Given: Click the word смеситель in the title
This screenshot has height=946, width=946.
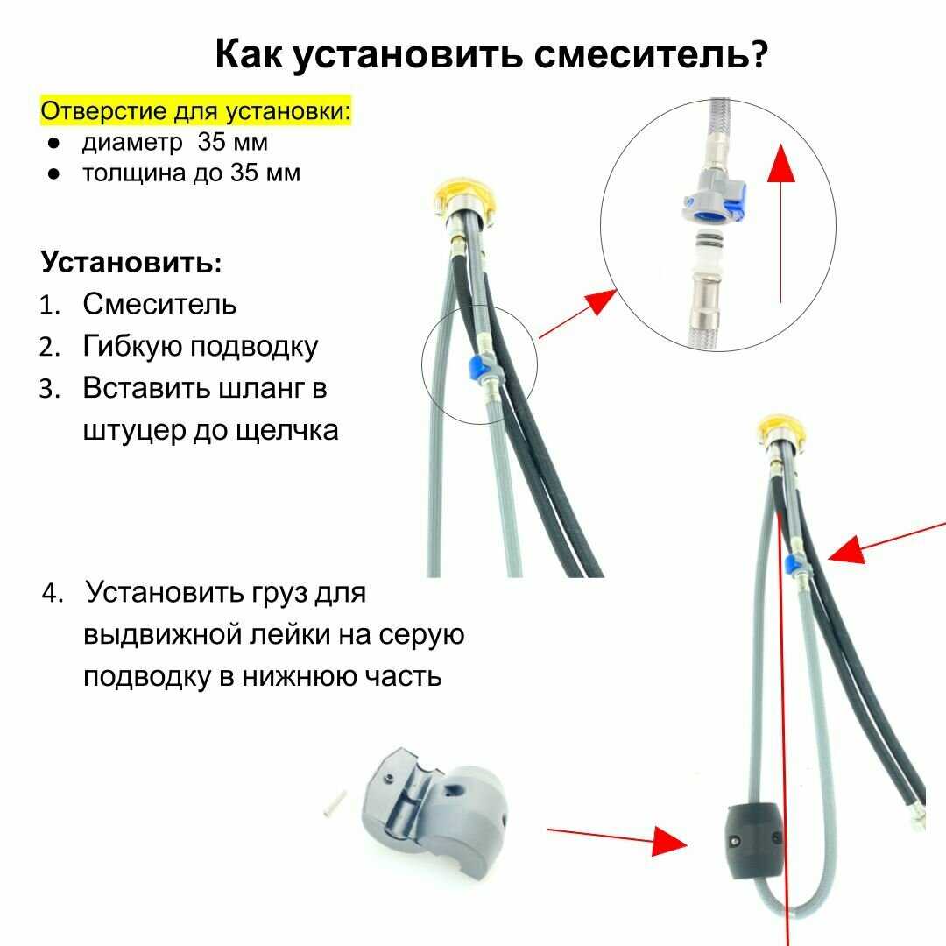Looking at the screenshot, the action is (651, 54).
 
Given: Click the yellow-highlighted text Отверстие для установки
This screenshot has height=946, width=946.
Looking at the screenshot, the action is (194, 111).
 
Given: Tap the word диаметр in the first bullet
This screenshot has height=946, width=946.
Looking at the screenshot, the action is (132, 143).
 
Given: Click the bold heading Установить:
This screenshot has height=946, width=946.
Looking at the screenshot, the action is (131, 263).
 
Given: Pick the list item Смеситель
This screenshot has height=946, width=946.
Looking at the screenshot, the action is (159, 303).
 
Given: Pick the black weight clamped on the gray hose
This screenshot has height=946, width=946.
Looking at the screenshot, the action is (753, 841).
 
